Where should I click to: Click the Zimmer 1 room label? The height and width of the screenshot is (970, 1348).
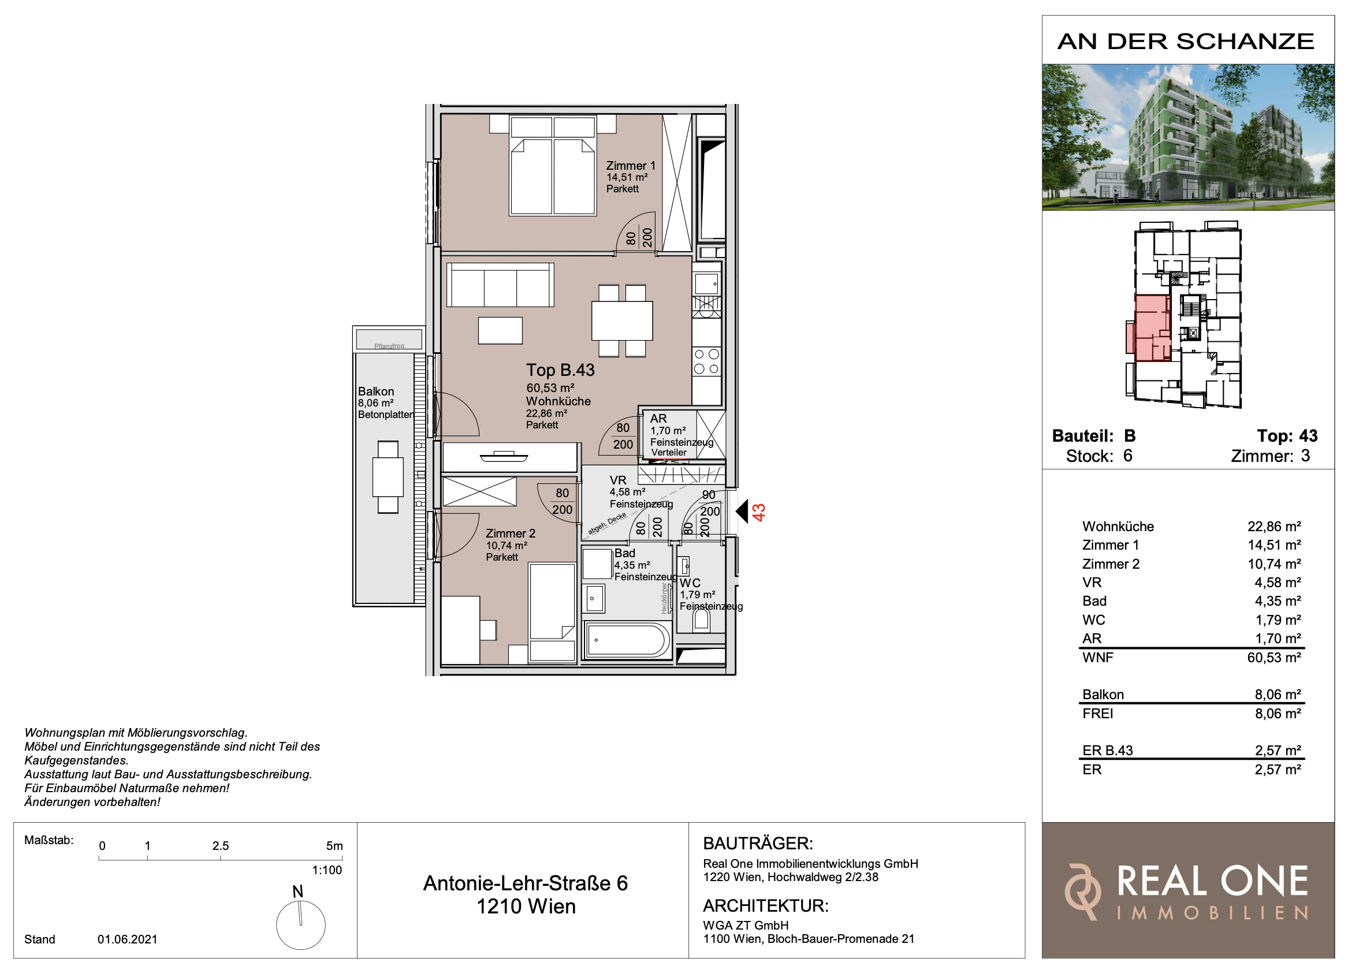pos(631,166)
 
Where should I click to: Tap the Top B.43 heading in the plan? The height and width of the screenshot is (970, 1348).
pos(560,370)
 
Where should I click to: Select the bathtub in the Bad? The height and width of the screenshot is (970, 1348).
pos(627,640)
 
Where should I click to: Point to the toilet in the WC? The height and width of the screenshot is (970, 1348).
pos(701,620)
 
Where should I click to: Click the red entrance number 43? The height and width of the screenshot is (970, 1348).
pos(759,512)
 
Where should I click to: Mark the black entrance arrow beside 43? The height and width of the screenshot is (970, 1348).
pos(742,510)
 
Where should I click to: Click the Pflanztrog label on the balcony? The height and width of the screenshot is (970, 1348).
pos(389,346)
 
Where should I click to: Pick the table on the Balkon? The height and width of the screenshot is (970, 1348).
pos(388,477)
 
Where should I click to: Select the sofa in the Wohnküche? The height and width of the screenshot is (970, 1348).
pos(500,285)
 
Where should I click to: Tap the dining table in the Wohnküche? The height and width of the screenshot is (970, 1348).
pos(621,320)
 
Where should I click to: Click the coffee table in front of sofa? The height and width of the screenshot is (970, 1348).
pos(501,330)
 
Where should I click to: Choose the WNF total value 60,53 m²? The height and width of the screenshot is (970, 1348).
pos(1273,658)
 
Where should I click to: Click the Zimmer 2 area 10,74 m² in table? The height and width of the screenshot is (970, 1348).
pos(1273,564)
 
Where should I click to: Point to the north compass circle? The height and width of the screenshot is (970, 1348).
pos(301,925)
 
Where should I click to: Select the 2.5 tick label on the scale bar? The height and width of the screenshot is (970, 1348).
pos(221,846)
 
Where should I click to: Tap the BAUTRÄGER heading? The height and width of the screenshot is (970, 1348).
pos(758,844)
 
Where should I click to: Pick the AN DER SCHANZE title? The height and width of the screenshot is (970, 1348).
pos(1186,42)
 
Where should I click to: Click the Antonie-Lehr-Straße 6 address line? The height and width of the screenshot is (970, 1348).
pos(526,883)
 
